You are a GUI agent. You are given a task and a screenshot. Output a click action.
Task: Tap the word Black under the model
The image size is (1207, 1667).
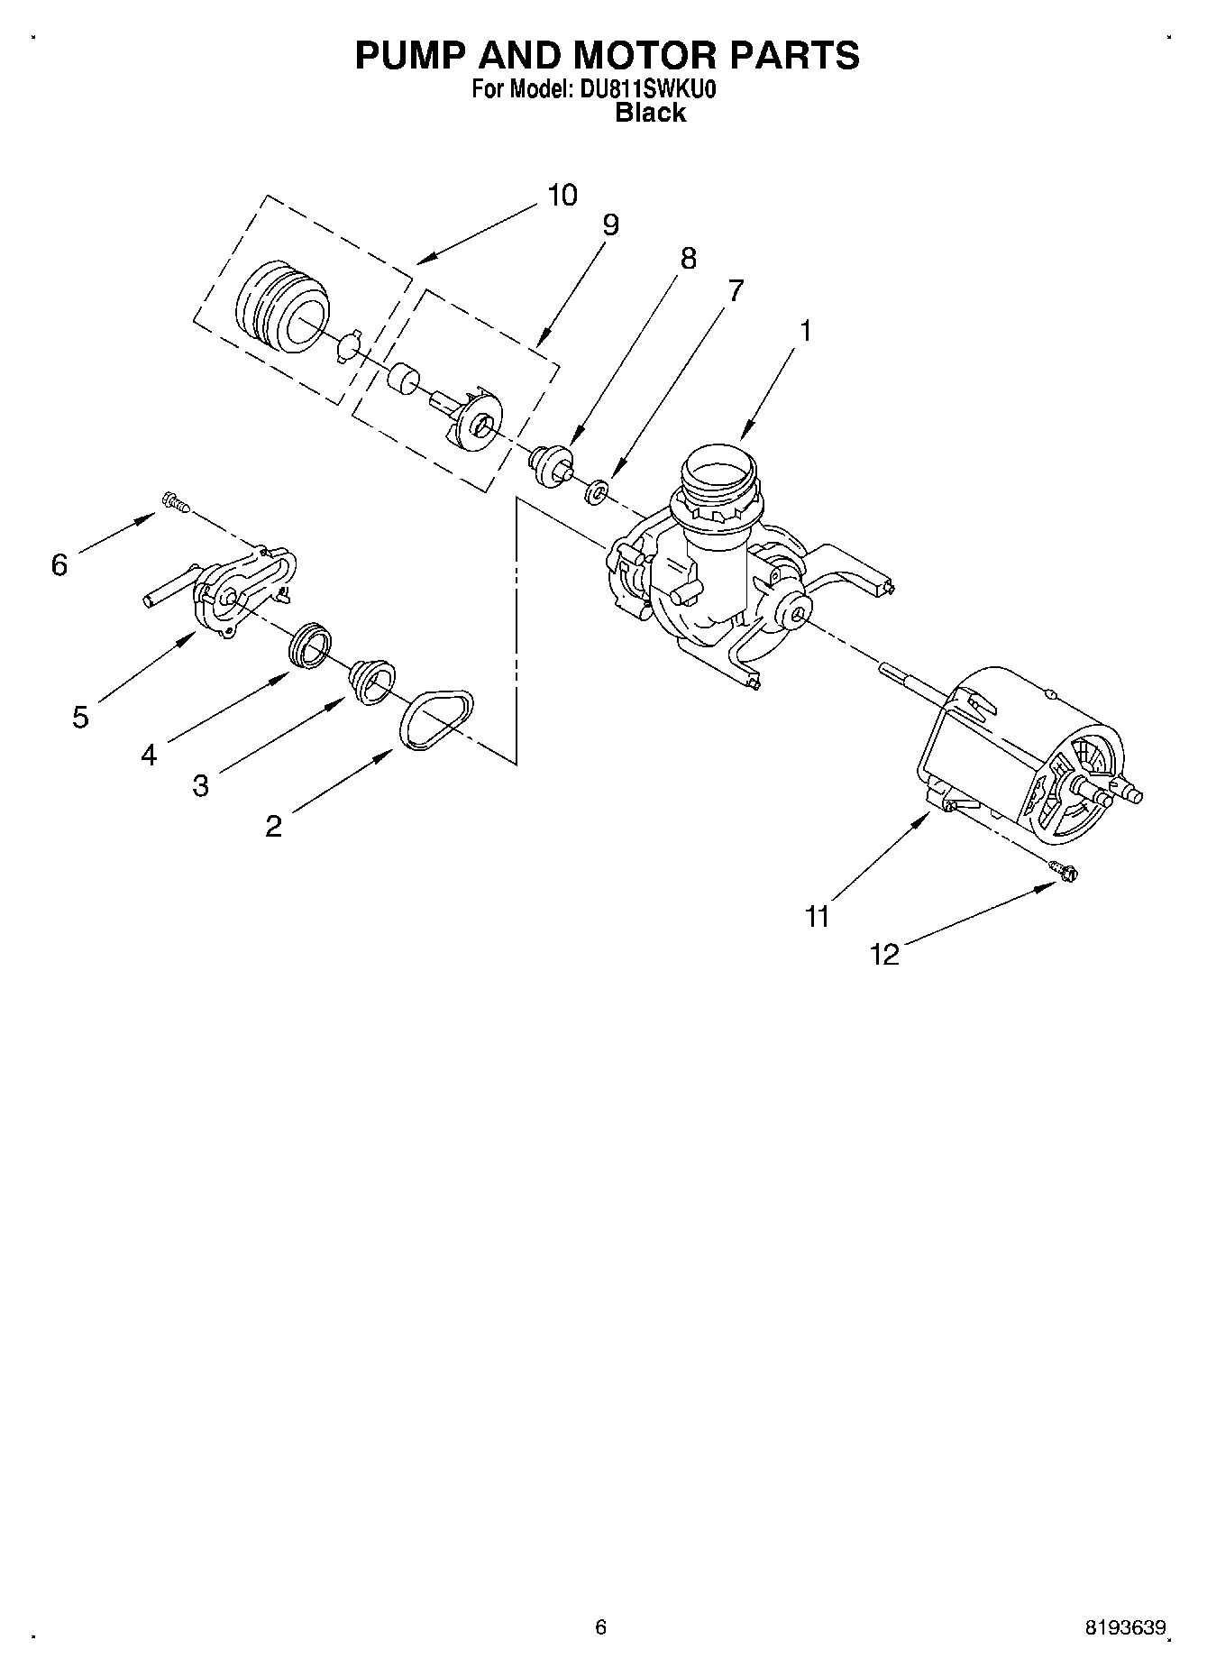point(650,113)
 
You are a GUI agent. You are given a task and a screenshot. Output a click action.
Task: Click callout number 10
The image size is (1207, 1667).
point(562,195)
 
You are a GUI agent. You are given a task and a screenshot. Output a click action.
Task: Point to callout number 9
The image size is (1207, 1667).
point(610,224)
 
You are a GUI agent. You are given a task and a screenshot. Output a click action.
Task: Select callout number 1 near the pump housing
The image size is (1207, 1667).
point(805,331)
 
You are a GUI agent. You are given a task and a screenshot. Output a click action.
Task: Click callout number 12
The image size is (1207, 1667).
point(885,955)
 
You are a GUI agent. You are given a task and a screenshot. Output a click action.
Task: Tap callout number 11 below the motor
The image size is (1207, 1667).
point(817,917)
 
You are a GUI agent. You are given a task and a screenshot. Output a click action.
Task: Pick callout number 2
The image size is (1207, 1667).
point(274,825)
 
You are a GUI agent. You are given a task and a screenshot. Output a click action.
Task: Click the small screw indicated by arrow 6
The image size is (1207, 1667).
point(174,501)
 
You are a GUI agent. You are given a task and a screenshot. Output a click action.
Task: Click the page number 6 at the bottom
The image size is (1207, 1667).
point(601,1627)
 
